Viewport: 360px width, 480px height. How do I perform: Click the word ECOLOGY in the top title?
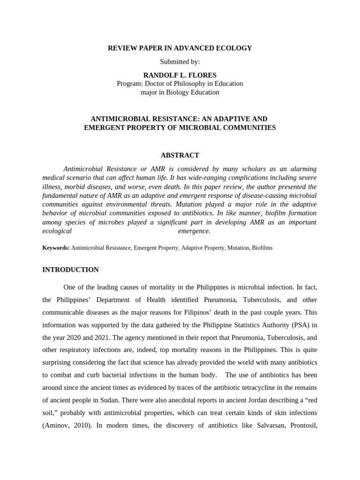[x=234, y=48]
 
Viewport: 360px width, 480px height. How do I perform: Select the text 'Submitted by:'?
[x=180, y=61]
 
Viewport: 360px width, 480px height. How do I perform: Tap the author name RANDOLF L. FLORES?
[x=180, y=75]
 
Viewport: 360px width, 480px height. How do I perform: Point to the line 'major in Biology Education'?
[x=180, y=92]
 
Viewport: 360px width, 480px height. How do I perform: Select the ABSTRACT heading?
[x=180, y=155]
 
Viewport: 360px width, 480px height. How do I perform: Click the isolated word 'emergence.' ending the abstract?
[x=194, y=231]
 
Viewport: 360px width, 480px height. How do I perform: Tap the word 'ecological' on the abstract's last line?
[x=57, y=231]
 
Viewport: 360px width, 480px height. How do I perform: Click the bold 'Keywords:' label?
[x=56, y=247]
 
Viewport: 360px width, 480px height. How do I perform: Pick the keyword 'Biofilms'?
[x=262, y=247]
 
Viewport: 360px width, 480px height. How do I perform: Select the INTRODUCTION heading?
[x=70, y=270]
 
